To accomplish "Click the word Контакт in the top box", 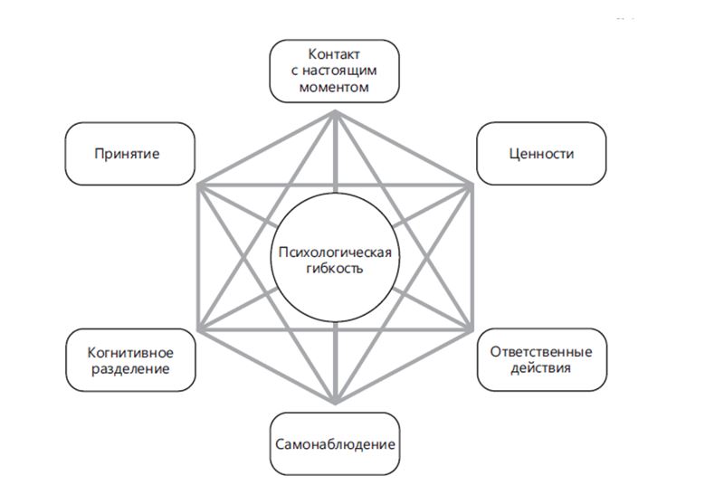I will click(x=335, y=54).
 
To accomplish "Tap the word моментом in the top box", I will click(x=335, y=87).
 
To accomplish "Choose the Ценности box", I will click(x=541, y=154).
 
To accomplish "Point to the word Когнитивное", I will click(x=130, y=352).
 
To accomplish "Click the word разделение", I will click(x=130, y=368).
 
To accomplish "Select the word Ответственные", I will click(x=541, y=352).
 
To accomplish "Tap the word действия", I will click(x=541, y=368).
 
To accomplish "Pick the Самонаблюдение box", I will click(x=335, y=444).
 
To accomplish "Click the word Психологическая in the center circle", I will click(x=335, y=252).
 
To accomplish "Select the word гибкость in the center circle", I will click(x=335, y=268).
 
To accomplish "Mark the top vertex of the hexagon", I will click(x=336, y=111).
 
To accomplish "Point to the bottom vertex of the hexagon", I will click(x=336, y=402).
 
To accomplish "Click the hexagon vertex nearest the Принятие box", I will click(x=199, y=186).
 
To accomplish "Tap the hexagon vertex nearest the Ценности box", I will click(x=472, y=186).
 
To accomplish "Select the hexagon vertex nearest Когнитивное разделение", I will click(x=199, y=328).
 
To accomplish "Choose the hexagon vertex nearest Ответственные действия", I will click(x=472, y=328).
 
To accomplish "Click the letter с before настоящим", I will click(x=296, y=71).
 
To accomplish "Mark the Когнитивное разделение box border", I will click(x=66, y=360).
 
